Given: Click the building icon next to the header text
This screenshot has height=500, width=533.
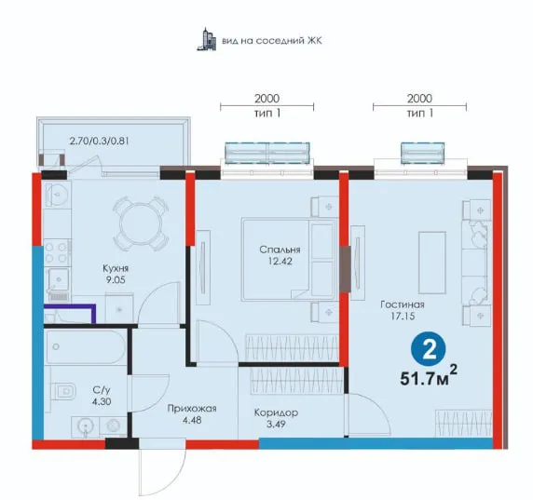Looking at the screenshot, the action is tap(207, 40).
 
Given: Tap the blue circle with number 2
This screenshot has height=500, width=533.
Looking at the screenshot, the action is tap(429, 349).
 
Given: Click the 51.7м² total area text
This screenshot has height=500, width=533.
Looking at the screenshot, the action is tap(429, 376).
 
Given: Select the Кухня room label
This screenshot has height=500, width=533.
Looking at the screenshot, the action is tap(116, 268).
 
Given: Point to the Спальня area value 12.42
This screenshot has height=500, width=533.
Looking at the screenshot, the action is tap(280, 262).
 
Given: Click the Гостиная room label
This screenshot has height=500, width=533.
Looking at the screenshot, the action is tap(403, 304).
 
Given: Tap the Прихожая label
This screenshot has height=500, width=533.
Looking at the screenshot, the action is tap(192, 409).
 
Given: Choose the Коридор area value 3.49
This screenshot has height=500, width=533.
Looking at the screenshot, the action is tap(276, 425).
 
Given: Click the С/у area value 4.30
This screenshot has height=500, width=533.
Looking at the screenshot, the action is tap(102, 401).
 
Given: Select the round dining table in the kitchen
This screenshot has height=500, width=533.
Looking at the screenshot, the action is tap(141, 223).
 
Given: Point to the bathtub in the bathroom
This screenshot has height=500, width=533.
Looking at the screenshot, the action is tap(86, 346).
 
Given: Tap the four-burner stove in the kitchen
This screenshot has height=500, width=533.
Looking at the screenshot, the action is tap(57, 252).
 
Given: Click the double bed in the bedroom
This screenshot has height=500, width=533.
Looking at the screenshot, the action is tap(288, 260).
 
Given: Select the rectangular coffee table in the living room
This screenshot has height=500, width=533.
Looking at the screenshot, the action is tap(432, 263).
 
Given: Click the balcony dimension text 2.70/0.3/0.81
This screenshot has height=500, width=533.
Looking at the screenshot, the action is tap(100, 141).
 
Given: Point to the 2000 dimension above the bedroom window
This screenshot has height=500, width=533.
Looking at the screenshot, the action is tap(266, 99).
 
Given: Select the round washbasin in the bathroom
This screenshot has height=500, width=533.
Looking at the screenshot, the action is tap(85, 426).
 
